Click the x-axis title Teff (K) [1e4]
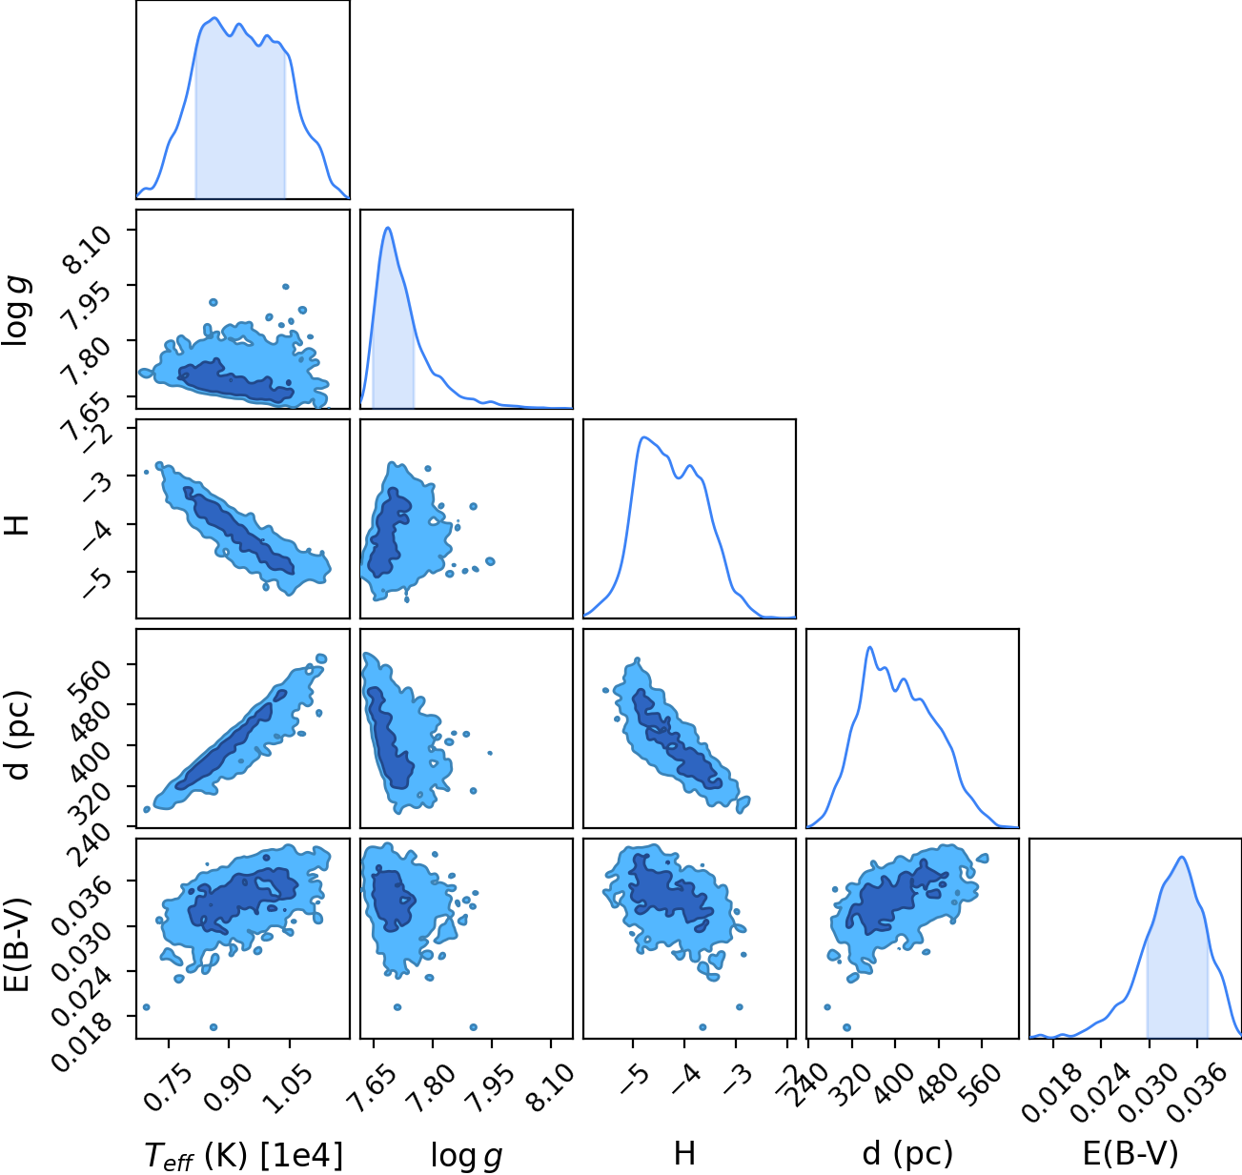(244, 1155)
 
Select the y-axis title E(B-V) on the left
(18, 943)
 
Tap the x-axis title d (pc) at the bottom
(907, 1154)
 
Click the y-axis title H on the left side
(18, 525)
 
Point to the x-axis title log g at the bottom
(466, 1155)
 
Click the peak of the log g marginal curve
(388, 228)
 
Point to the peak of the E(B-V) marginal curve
(1181, 858)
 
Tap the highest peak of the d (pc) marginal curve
(870, 647)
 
